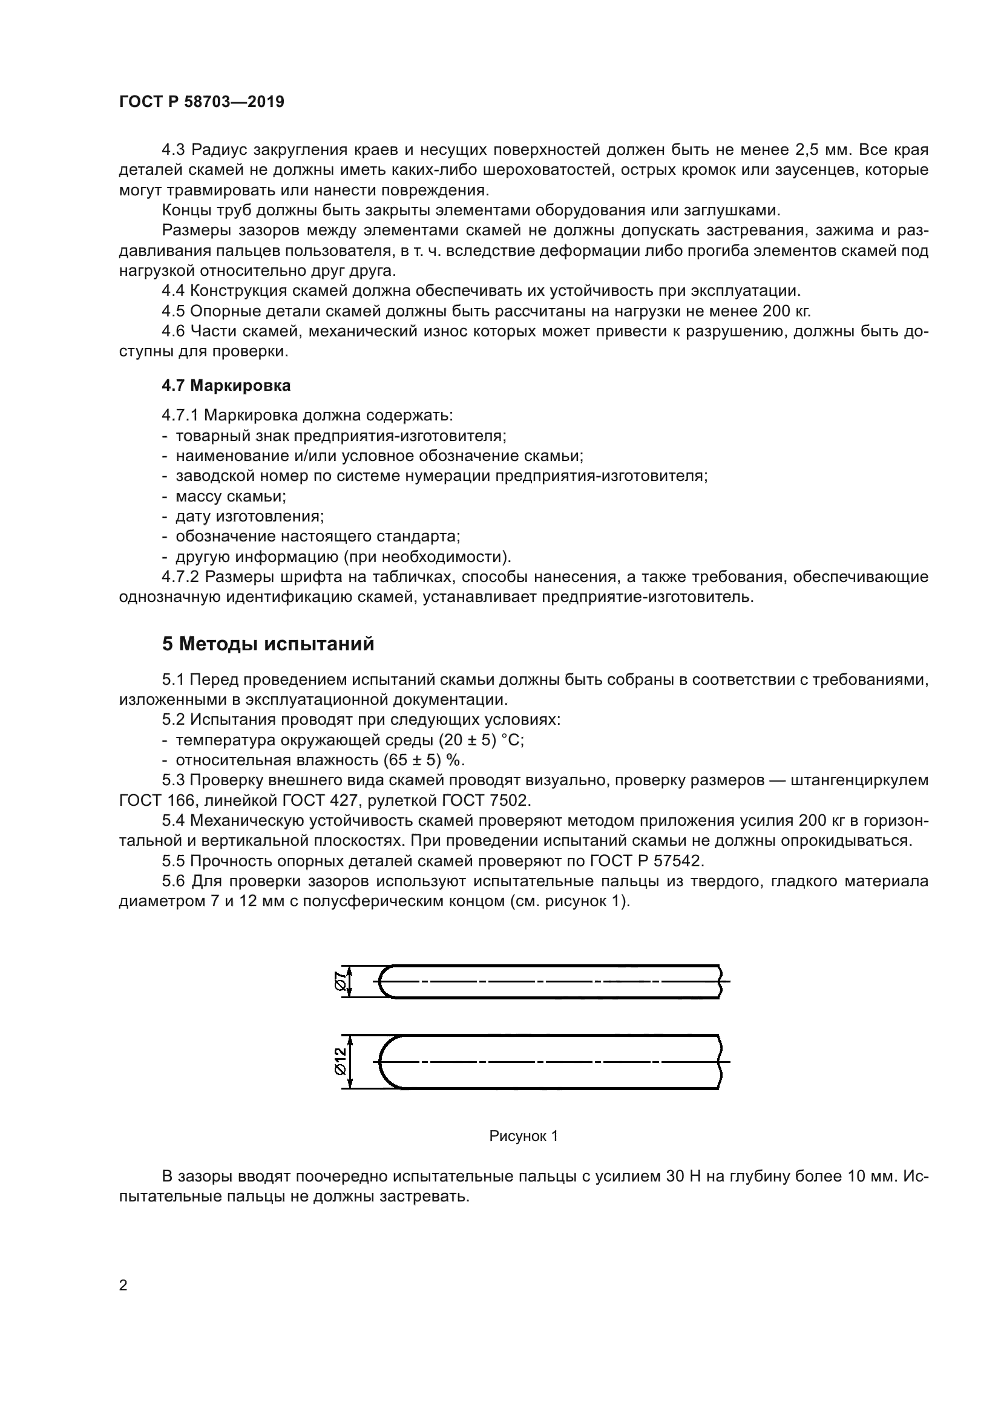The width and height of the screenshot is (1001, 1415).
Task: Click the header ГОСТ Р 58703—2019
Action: tap(202, 102)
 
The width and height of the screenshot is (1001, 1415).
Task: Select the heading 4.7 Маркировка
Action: tap(226, 386)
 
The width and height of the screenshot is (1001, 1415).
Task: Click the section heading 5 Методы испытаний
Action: tap(268, 644)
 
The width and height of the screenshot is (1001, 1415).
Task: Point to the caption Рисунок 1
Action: tap(523, 1136)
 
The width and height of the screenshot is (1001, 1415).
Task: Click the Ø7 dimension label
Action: tap(338, 981)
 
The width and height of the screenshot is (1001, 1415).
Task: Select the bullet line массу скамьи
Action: tap(231, 496)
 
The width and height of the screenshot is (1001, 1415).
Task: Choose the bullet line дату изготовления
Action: tap(249, 517)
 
